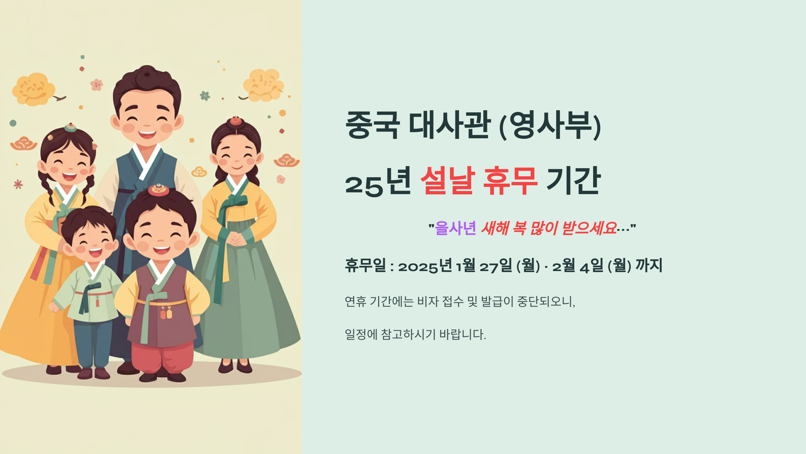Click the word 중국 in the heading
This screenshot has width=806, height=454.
(x=372, y=125)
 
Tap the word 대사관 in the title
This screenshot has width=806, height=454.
(x=449, y=125)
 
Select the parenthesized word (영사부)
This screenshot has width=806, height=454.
(x=550, y=125)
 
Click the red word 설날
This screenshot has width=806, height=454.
(x=448, y=181)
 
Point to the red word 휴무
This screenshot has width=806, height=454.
(x=510, y=181)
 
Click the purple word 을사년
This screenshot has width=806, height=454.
(x=455, y=228)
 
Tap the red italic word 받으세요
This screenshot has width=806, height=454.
(x=589, y=228)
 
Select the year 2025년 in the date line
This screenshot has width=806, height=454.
(x=425, y=266)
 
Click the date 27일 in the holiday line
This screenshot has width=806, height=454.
(x=496, y=266)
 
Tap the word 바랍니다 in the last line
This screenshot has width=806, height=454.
(x=462, y=334)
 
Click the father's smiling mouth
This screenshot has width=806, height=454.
(x=147, y=134)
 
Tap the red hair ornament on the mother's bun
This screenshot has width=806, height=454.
(x=236, y=121)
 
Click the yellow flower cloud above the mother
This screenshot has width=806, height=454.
(x=263, y=85)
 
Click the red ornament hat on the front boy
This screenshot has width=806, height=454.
(x=159, y=190)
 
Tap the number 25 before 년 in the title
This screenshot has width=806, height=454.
(x=364, y=186)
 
